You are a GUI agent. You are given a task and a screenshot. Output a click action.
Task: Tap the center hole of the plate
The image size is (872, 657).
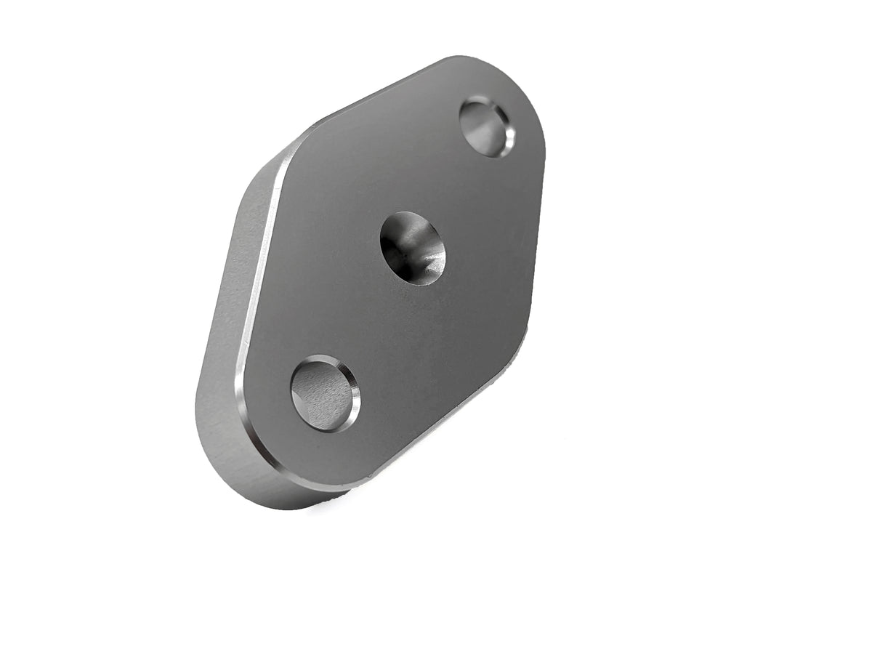click(x=412, y=248)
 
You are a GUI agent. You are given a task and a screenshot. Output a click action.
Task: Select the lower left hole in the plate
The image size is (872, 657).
click(x=324, y=393)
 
